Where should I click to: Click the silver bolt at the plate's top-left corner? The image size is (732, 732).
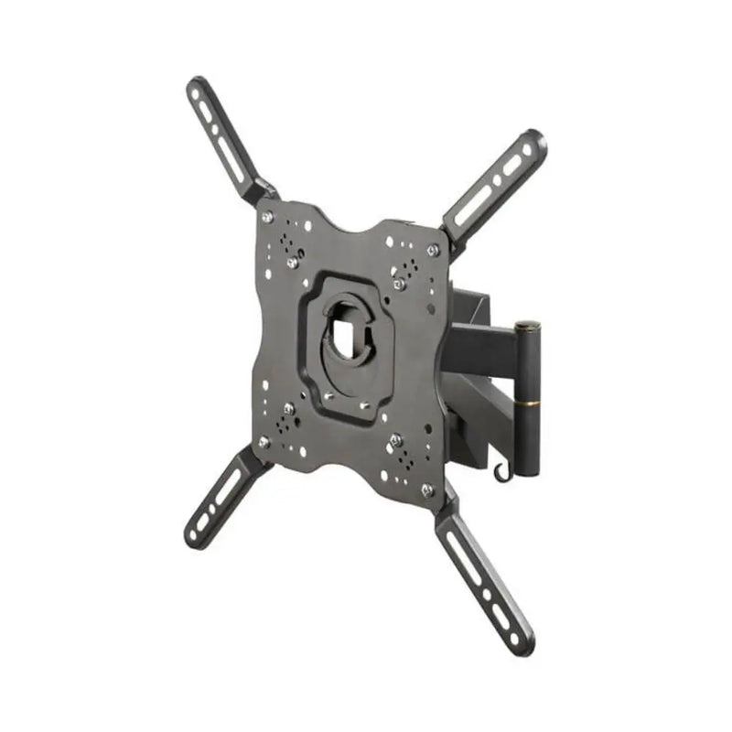pyautogui.click(x=267, y=218)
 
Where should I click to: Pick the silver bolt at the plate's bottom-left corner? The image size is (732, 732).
pyautogui.click(x=264, y=441)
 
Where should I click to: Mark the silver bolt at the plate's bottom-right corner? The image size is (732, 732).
pyautogui.click(x=426, y=490)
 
